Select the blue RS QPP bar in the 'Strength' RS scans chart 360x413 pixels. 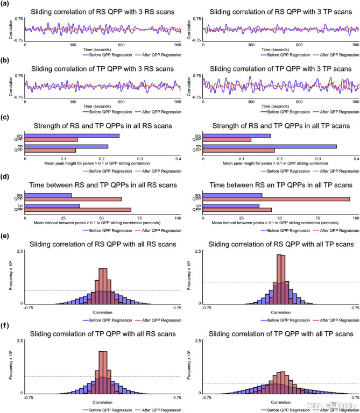(72, 136)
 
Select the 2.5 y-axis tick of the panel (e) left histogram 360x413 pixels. (19, 251)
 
